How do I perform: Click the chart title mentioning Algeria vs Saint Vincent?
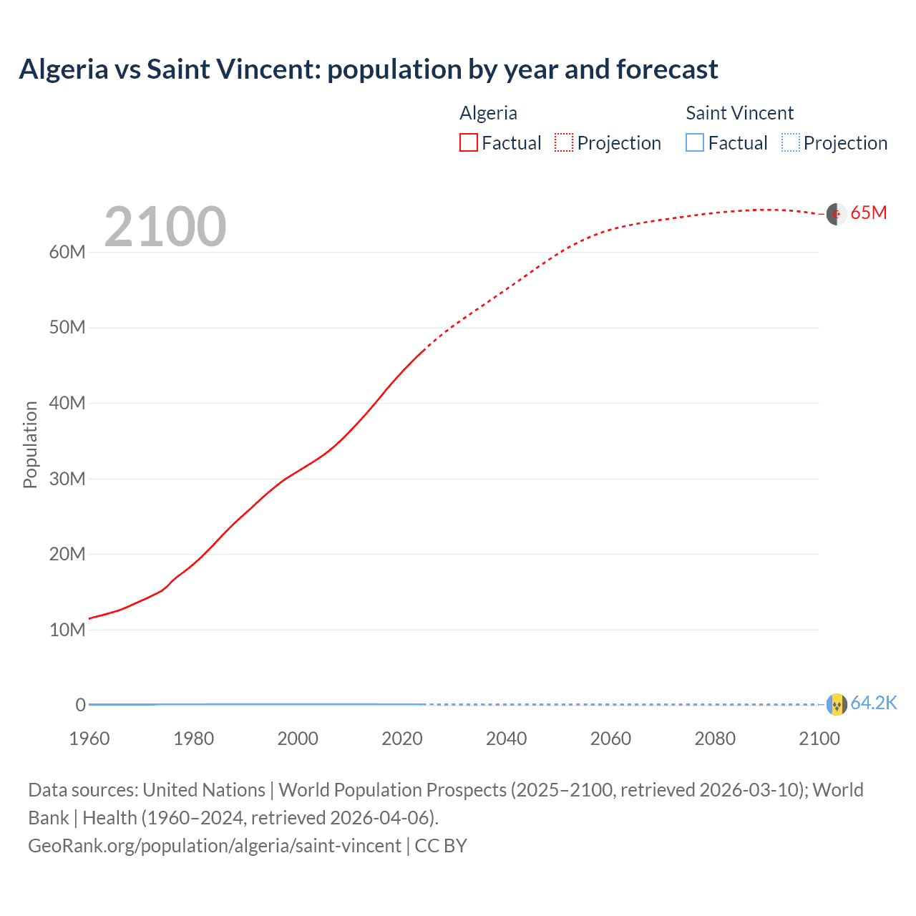click(x=368, y=69)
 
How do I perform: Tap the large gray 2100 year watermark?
click(x=165, y=227)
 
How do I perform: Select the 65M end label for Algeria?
click(x=868, y=213)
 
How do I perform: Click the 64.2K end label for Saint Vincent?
click(x=873, y=703)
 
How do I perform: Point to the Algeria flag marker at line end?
click(x=837, y=214)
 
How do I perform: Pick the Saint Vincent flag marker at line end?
click(x=837, y=704)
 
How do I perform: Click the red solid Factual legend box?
click(x=469, y=143)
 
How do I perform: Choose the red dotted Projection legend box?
click(x=564, y=143)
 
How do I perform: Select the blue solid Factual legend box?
click(x=695, y=143)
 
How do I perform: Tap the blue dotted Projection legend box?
click(x=791, y=143)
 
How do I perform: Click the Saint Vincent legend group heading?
click(x=739, y=113)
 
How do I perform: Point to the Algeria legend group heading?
click(x=488, y=113)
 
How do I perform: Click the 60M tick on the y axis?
click(x=67, y=253)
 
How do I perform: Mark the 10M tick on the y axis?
click(x=67, y=630)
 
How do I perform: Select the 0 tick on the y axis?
click(x=81, y=706)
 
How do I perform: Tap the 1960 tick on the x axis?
click(x=89, y=739)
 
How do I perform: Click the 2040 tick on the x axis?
click(x=506, y=739)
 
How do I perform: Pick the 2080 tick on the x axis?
click(x=715, y=739)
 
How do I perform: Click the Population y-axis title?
click(x=30, y=444)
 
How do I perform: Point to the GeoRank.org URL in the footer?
click(x=215, y=846)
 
